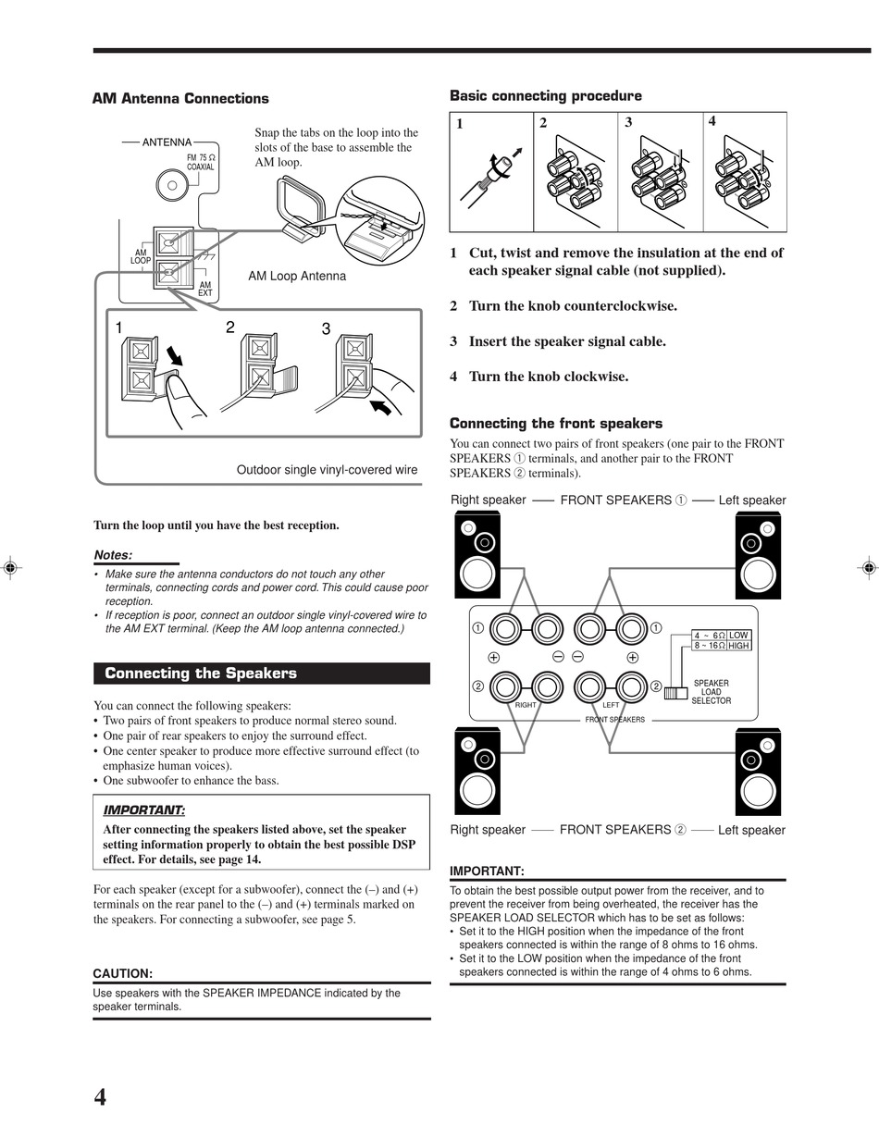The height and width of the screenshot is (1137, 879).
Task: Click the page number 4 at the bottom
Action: (100, 1097)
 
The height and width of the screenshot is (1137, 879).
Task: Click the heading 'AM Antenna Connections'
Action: (180, 99)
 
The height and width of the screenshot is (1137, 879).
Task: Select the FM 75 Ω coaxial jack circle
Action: (171, 184)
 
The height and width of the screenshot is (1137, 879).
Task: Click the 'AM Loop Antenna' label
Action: (297, 276)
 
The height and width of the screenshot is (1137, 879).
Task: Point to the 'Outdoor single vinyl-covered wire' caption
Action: (327, 470)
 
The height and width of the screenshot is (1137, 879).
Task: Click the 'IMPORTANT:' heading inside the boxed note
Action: (143, 810)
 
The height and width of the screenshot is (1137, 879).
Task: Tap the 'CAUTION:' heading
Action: (122, 973)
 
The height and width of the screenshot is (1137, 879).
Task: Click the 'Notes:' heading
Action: (113, 555)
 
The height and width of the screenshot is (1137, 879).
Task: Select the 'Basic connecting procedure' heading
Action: (545, 96)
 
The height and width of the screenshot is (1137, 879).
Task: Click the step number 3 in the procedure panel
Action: (628, 122)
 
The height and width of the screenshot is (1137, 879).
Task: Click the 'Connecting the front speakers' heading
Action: (555, 424)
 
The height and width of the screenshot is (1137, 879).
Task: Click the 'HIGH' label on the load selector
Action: (738, 646)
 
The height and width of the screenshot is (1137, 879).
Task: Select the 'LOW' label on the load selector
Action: (737, 635)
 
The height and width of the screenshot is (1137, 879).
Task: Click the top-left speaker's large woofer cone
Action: (477, 574)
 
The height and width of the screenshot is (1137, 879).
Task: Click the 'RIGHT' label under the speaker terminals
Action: (526, 705)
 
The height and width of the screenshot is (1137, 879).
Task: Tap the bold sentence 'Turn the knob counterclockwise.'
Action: (573, 306)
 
